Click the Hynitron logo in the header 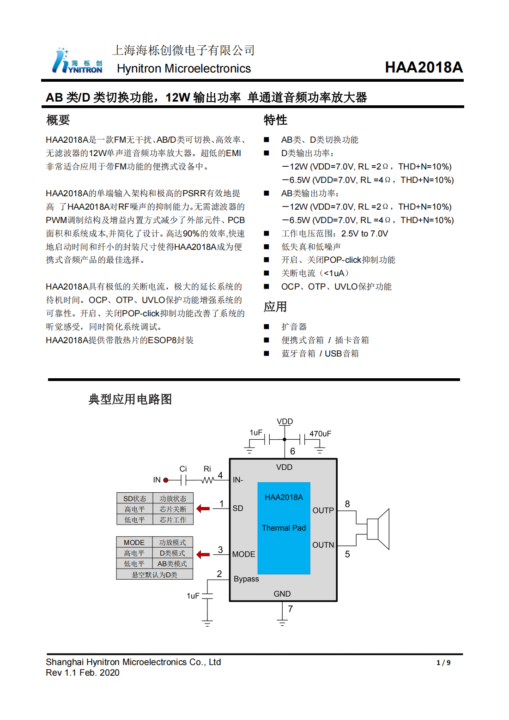77,61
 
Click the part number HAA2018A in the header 424,67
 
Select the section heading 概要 58,120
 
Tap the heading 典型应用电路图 130,399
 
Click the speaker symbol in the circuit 379,529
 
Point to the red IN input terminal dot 166,480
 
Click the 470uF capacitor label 320,434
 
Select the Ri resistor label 207,469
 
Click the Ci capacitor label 183,469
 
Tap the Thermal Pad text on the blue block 284,528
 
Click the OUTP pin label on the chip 323,510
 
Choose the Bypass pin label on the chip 246,579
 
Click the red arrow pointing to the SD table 203,508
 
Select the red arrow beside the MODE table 203,554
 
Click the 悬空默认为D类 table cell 155,575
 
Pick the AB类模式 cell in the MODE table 172,564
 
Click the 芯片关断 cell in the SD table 173,509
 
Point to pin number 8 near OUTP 347,504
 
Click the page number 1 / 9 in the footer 443,663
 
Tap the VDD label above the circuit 285,421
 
